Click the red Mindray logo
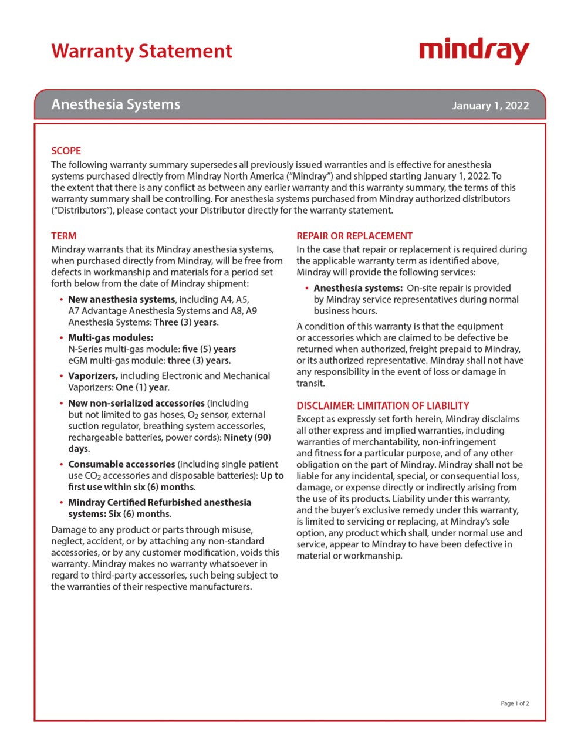[x=474, y=51]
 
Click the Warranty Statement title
[x=141, y=51]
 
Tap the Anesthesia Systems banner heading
[x=116, y=104]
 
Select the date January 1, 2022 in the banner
[x=490, y=106]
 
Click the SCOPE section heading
[x=66, y=151]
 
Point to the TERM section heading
[x=63, y=236]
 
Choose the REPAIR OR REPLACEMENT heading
[x=354, y=236]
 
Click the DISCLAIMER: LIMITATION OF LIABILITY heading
[x=383, y=405]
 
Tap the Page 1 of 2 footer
[x=515, y=703]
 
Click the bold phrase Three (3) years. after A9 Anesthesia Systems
[x=186, y=322]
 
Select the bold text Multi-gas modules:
[x=110, y=337]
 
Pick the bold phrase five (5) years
[x=209, y=349]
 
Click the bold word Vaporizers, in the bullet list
[x=93, y=376]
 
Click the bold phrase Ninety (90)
[x=247, y=437]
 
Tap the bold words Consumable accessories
[x=121, y=464]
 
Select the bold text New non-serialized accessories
[x=136, y=403]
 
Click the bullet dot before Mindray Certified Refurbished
[x=61, y=503]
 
